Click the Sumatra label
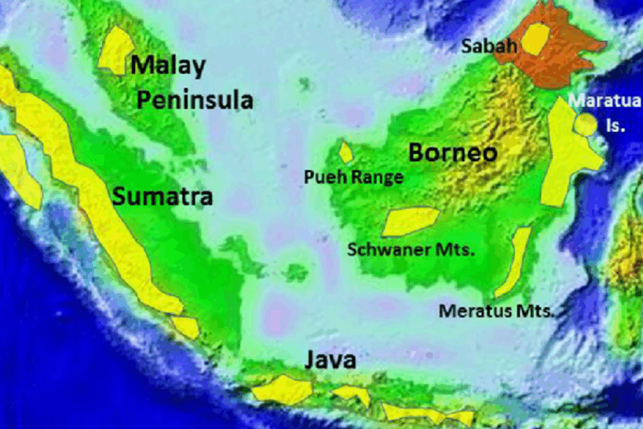click(163, 197)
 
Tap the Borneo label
click(453, 153)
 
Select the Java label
click(330, 361)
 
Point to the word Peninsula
click(195, 100)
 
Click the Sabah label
click(489, 46)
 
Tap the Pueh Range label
click(354, 178)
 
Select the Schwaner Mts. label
click(411, 249)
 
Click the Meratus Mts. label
click(496, 310)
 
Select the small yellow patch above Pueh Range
click(346, 153)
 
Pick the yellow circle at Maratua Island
click(585, 124)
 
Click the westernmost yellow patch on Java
click(283, 389)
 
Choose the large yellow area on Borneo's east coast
click(566, 154)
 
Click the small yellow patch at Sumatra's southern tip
click(186, 327)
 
